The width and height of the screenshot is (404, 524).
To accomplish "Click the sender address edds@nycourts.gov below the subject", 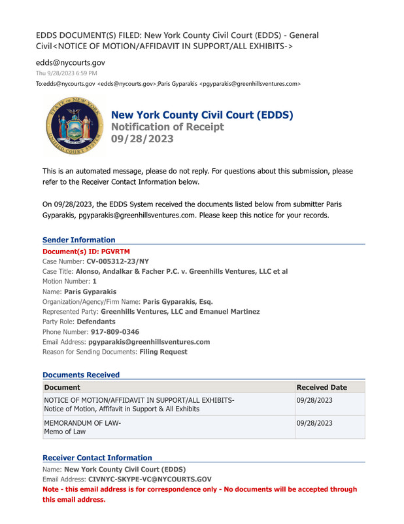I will click(x=70, y=62).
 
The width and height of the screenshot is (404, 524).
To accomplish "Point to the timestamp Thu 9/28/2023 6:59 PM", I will click(x=67, y=73).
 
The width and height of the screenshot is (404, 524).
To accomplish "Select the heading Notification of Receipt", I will click(x=167, y=127).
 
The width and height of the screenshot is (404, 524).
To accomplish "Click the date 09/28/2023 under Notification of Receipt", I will click(x=142, y=139).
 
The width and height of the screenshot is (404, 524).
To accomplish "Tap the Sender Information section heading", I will click(x=78, y=240).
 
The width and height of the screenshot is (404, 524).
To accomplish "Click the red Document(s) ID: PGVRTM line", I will click(x=86, y=251).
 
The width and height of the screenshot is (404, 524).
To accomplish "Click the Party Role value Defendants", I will click(x=96, y=322).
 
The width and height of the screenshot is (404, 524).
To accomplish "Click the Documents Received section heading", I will click(x=81, y=375).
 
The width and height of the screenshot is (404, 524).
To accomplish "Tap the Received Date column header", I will click(x=322, y=387).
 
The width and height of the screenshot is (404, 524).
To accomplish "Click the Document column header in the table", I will click(x=62, y=387).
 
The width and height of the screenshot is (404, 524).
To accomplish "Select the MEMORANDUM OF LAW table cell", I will click(x=82, y=427).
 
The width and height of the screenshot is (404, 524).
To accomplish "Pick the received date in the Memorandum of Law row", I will click(x=314, y=423).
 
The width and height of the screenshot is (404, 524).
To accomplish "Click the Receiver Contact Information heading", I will click(x=97, y=458).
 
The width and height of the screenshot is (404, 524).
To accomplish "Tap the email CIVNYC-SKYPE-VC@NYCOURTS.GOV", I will click(x=150, y=479).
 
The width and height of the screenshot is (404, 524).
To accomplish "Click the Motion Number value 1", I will click(x=94, y=281).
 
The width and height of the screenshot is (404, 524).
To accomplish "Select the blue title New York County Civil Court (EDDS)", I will click(x=202, y=115).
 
